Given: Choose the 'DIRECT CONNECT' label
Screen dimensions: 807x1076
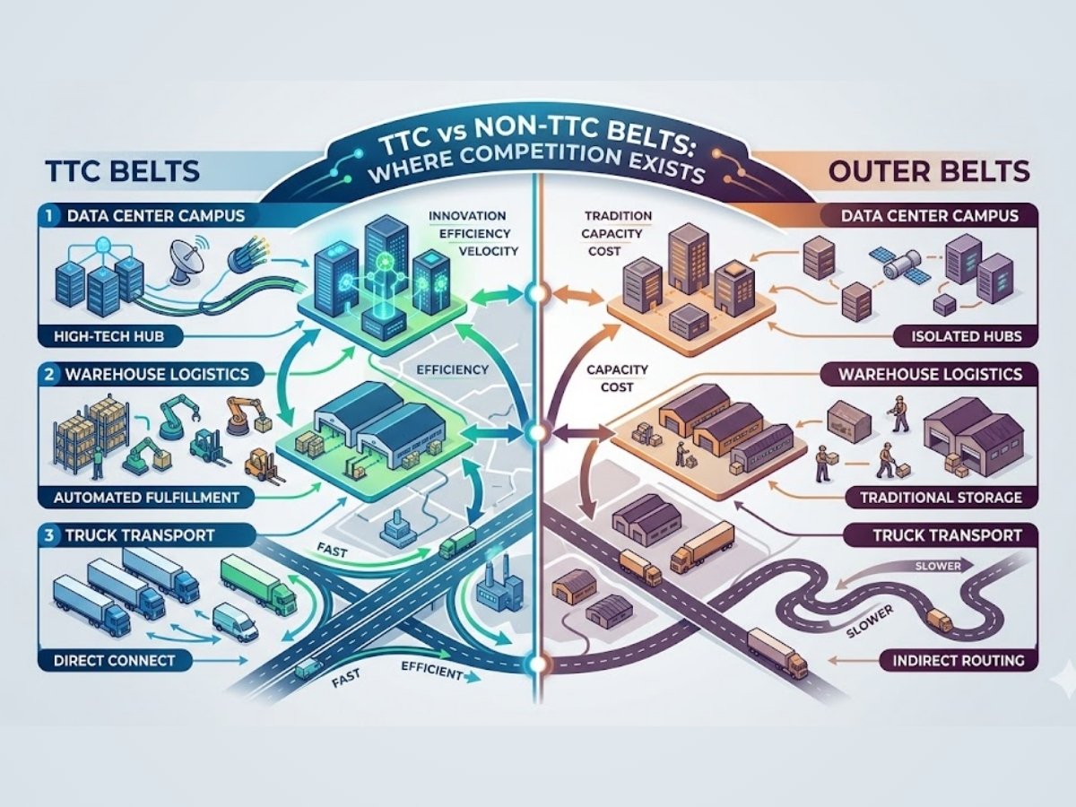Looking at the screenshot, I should pyautogui.click(x=108, y=660).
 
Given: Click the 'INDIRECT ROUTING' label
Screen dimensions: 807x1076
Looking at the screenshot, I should pyautogui.click(x=958, y=661).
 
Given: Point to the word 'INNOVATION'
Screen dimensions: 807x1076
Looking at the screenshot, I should pyautogui.click(x=467, y=216).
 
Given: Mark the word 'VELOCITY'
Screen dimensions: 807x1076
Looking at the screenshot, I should pyautogui.click(x=487, y=251).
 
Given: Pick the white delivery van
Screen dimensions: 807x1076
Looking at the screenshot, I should pyautogui.click(x=236, y=620).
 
